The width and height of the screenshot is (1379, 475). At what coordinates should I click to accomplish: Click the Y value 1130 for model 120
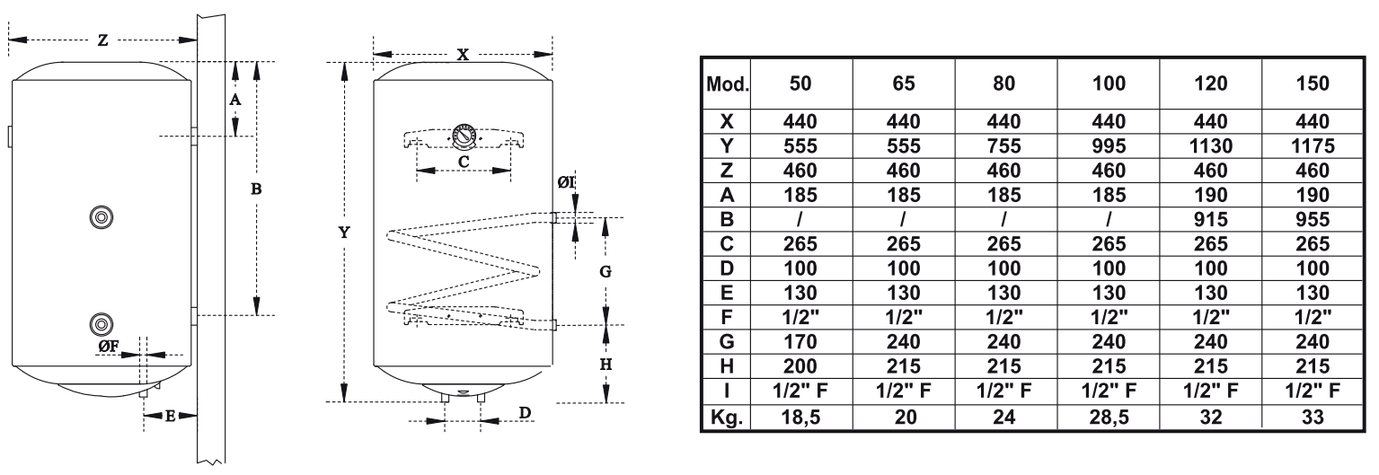click(x=1210, y=145)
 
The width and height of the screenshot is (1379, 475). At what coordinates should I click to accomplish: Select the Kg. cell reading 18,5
click(x=800, y=418)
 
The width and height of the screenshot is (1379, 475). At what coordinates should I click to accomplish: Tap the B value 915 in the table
click(x=1210, y=220)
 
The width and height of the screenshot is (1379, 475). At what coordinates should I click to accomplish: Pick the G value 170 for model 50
click(x=800, y=341)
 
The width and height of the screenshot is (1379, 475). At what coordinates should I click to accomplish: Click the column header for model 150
click(x=1313, y=84)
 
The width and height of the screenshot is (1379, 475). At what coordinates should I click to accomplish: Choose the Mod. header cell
click(x=727, y=84)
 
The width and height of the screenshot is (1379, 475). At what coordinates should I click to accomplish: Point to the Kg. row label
click(x=727, y=418)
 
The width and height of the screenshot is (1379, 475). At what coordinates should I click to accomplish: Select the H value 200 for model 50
click(x=800, y=366)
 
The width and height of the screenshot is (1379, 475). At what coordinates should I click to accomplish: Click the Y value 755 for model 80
click(x=1004, y=145)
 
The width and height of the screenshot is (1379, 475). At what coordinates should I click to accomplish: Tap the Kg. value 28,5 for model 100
click(x=1109, y=418)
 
